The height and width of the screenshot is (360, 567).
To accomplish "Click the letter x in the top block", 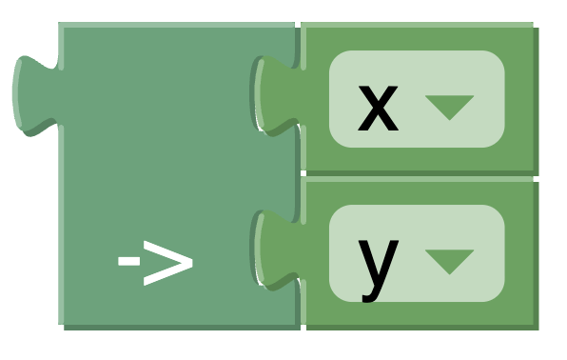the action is [377, 108].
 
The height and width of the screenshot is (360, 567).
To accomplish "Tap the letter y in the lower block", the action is [378, 262].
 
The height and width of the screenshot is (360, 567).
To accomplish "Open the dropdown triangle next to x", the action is [449, 107].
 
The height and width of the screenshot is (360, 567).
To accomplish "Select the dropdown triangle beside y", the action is [449, 261].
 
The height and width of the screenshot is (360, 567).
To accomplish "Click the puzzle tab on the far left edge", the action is [34, 92].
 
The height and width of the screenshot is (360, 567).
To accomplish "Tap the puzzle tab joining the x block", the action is [276, 93].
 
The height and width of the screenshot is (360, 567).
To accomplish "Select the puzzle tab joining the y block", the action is [276, 248].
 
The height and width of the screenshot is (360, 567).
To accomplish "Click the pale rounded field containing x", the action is [416, 99].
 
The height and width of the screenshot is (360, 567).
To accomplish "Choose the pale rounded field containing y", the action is [416, 253].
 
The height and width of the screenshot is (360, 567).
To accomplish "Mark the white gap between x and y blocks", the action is [419, 177].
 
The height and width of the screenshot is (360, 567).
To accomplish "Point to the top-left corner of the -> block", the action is [61, 26].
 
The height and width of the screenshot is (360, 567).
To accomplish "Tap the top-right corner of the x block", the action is [533, 26].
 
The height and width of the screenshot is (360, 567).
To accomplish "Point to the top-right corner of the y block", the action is [533, 182].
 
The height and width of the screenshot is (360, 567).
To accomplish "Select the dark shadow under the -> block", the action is [181, 327].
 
